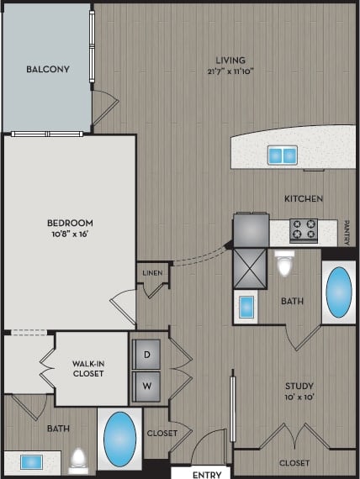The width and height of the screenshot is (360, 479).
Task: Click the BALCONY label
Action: click(x=47, y=69)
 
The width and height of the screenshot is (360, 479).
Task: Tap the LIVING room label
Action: click(x=230, y=60)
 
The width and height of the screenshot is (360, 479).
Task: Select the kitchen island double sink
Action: click(x=283, y=155)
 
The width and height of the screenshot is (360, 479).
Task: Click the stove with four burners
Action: click(x=304, y=229)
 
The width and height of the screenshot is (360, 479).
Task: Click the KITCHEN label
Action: click(x=304, y=198)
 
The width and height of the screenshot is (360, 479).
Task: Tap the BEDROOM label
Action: click(x=69, y=223)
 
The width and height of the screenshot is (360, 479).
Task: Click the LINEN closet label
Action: click(x=152, y=272)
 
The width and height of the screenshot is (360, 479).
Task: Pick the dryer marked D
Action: click(x=147, y=355)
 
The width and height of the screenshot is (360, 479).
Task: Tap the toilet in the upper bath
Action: click(x=284, y=264)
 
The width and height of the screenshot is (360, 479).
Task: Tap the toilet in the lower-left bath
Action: click(x=78, y=460)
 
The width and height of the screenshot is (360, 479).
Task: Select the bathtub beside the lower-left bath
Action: click(x=119, y=438)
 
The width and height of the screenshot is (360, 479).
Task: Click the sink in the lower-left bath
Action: click(x=32, y=462)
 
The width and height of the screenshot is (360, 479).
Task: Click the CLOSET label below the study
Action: click(x=294, y=462)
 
